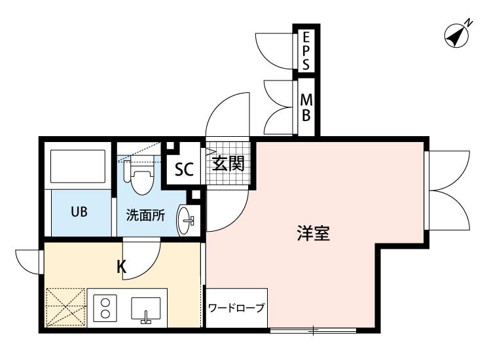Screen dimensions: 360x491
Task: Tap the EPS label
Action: point(306,50)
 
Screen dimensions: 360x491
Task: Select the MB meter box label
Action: point(306,107)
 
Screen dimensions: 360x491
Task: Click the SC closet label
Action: point(184,170)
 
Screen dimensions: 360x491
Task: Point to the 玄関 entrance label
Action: point(228,163)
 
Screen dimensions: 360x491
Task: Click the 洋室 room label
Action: point(312,234)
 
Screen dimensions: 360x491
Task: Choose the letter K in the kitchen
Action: point(121,267)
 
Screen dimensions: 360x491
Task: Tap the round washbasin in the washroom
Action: point(187,221)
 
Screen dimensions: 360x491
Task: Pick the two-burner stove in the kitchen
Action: point(103,307)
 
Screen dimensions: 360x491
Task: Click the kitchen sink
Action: point(145,308)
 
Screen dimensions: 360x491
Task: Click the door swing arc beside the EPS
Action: point(278,50)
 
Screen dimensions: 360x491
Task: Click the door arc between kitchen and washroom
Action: point(140,255)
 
